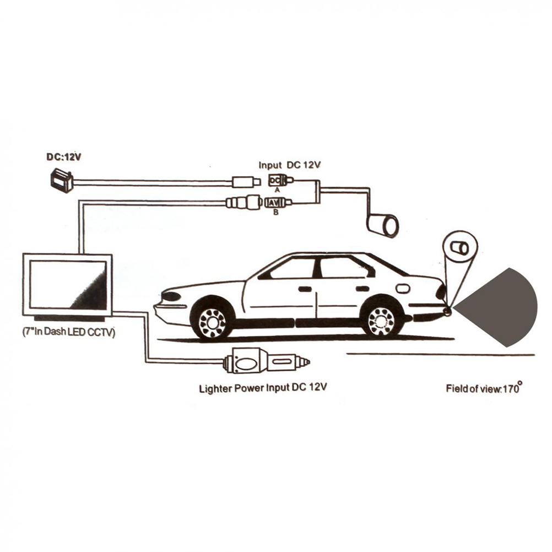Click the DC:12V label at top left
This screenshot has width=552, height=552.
(x=64, y=157)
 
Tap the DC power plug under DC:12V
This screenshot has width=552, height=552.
(x=61, y=180)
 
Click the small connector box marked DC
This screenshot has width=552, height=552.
(x=275, y=180)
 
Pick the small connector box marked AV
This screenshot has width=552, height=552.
(x=275, y=202)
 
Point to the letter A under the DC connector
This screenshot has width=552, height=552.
(x=277, y=189)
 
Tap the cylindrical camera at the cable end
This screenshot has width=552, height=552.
(x=383, y=225)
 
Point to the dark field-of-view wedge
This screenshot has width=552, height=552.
(x=501, y=307)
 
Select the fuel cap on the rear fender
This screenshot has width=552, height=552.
(x=403, y=288)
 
